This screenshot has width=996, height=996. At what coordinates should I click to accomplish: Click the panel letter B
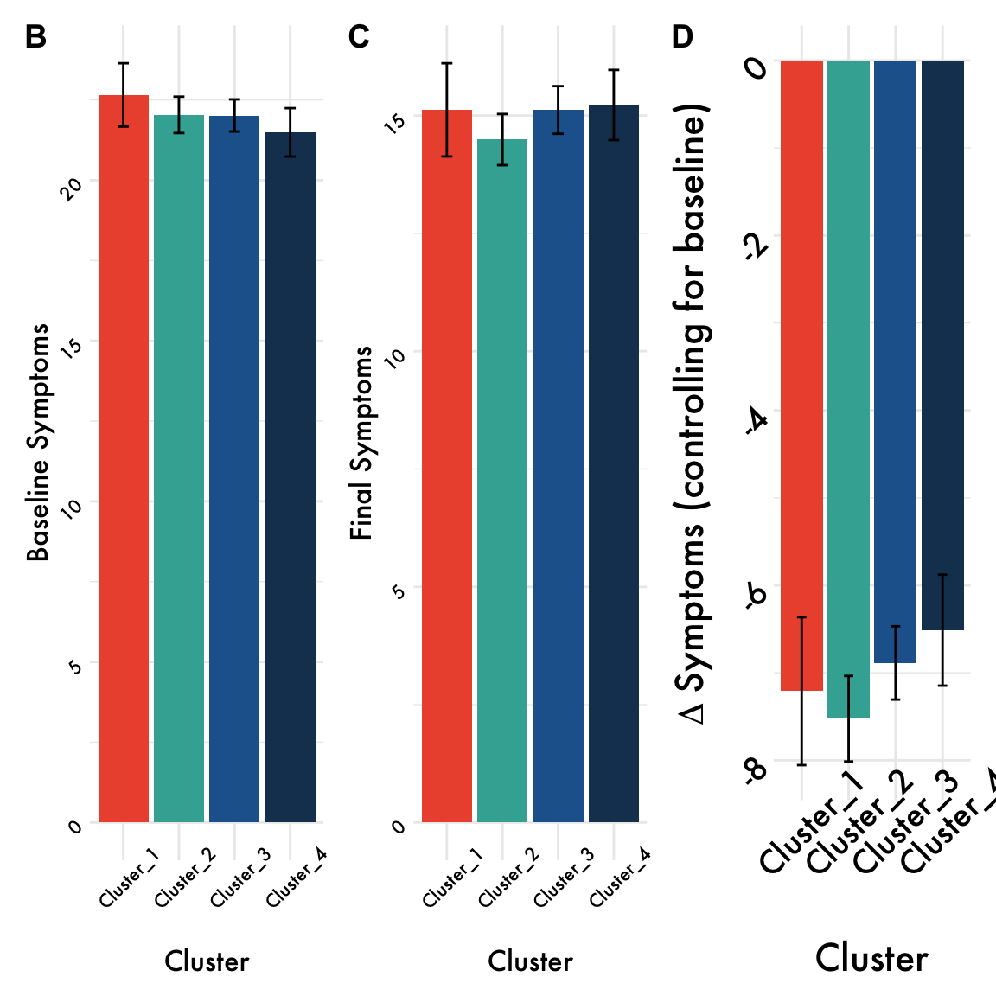[x=35, y=37]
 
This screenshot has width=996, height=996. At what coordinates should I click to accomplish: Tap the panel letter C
[x=359, y=37]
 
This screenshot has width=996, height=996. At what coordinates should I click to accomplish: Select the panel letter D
[x=682, y=37]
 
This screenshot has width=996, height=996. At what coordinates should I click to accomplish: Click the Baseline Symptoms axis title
[x=38, y=443]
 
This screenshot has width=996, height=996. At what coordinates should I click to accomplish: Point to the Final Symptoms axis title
[x=361, y=443]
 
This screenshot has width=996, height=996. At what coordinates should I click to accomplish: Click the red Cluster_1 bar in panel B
[x=124, y=458]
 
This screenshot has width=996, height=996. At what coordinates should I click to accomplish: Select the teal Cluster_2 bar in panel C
[x=502, y=480]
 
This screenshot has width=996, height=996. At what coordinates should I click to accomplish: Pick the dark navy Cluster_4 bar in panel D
[x=942, y=346]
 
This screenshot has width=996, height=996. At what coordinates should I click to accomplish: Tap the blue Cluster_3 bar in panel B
[x=234, y=467]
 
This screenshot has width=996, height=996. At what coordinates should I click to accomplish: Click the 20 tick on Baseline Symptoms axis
[x=73, y=188]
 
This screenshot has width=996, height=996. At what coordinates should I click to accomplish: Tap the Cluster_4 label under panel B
[x=297, y=878]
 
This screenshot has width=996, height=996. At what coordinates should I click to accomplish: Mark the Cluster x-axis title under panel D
[x=871, y=959]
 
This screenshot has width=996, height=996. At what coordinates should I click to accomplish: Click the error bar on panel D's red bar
[x=802, y=691]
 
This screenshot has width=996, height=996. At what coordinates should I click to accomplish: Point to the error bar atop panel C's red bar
[x=447, y=110]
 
